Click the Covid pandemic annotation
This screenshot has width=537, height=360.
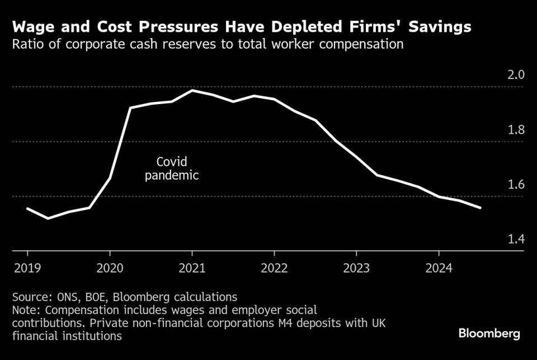[172, 169]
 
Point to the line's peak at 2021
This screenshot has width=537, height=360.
[192, 90]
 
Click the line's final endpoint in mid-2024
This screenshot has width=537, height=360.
[481, 208]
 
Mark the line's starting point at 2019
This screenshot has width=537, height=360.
[27, 208]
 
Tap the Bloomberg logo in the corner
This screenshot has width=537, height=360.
[489, 334]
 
